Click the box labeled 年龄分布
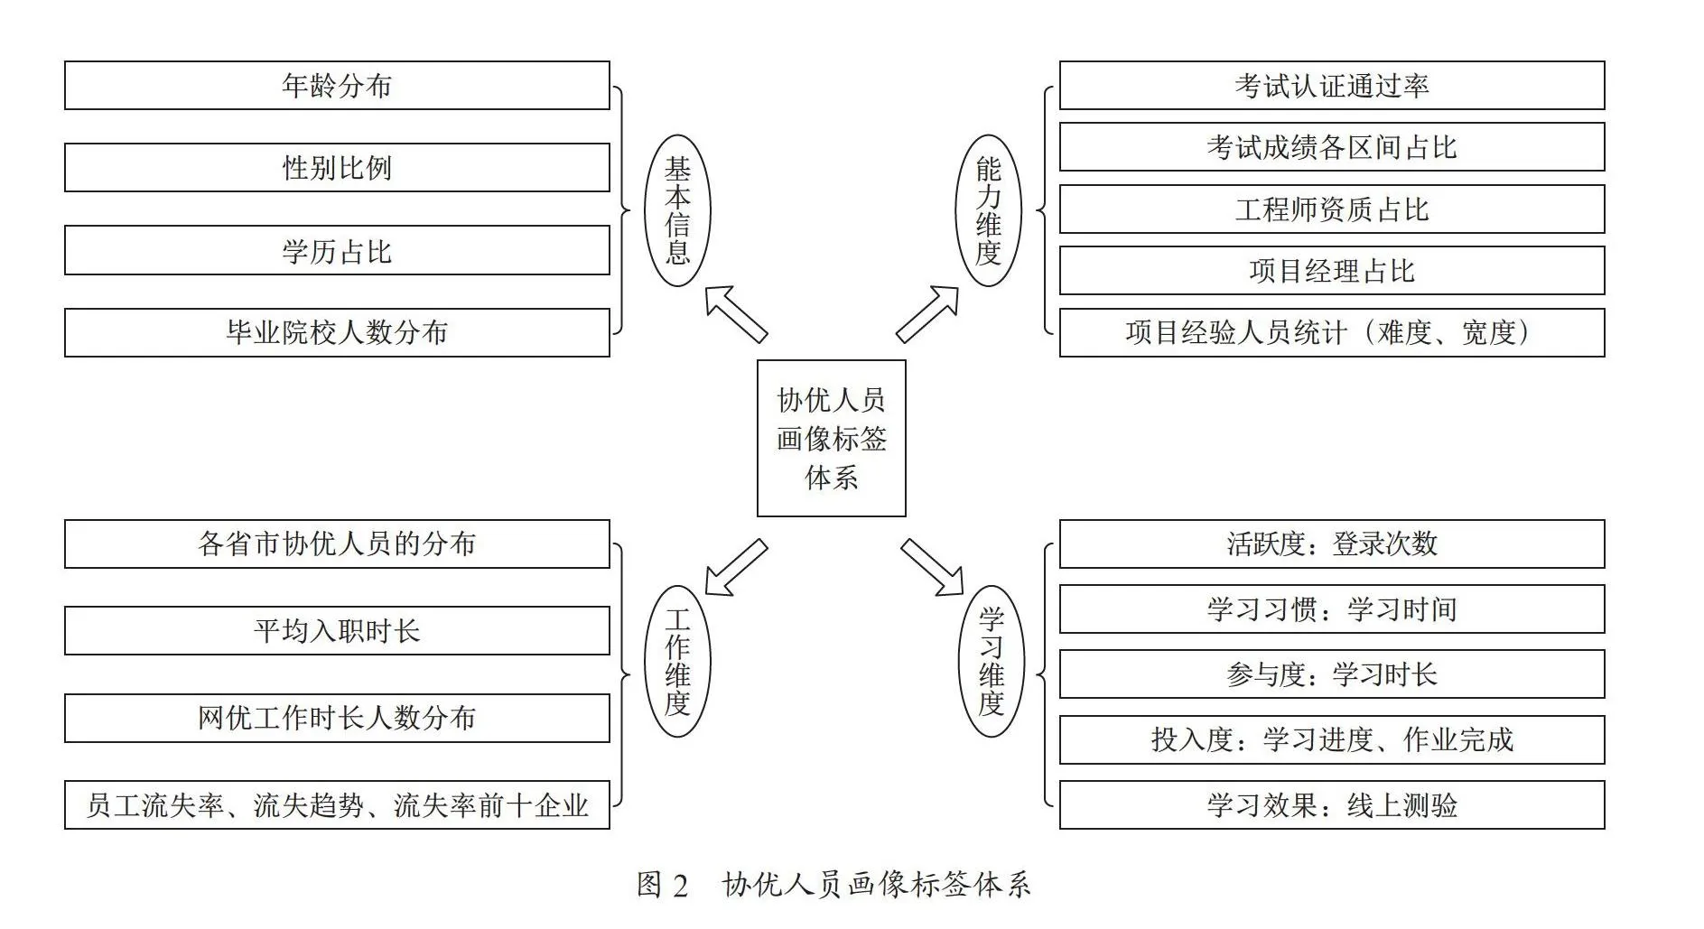[x=337, y=86]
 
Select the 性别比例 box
[x=337, y=168]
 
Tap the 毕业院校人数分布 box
[x=337, y=332]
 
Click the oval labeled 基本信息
[x=677, y=211]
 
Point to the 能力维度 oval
[x=989, y=211]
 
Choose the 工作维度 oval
[x=677, y=662]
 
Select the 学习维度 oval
[x=992, y=662]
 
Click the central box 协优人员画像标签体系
[x=831, y=439]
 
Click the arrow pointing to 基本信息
[x=736, y=313]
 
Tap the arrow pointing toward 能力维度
[x=927, y=313]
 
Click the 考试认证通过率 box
[x=1332, y=86]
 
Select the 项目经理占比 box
[x=1332, y=271]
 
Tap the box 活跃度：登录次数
[x=1332, y=543]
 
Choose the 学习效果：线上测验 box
[x=1332, y=804]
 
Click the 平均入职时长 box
[x=337, y=630]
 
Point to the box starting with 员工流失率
[x=337, y=804]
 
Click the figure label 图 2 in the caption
[x=663, y=885]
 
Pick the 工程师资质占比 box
[x=1332, y=209]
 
